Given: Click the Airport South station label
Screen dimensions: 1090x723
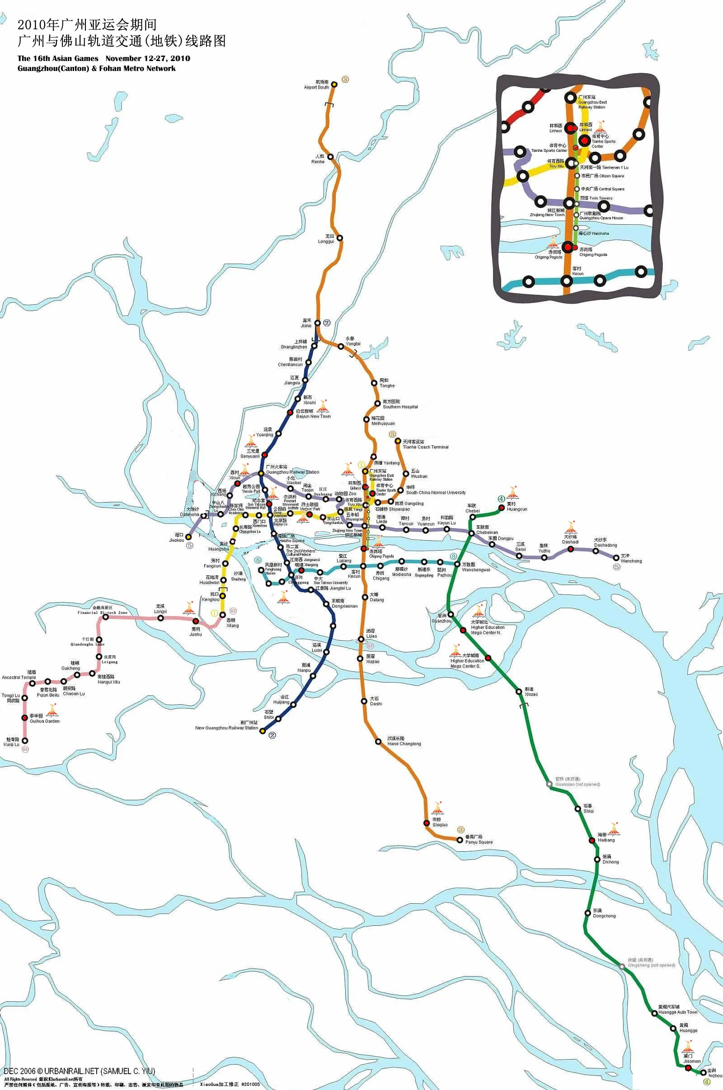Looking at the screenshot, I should (x=316, y=85).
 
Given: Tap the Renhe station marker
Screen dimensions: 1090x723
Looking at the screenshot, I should (x=330, y=157).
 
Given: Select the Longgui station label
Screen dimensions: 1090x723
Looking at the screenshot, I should (x=326, y=239).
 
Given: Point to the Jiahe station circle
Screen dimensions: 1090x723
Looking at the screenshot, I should (x=317, y=323).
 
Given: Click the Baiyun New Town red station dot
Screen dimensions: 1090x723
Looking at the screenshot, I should (x=290, y=412).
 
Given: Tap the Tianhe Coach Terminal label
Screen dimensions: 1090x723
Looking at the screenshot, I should (x=425, y=444).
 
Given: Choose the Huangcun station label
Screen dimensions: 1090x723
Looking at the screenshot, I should (x=516, y=506).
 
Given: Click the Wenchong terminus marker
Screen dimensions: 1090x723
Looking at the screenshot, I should (x=616, y=558).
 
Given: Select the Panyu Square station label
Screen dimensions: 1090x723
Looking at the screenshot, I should (x=478, y=840).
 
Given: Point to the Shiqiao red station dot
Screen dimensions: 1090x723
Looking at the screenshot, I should (x=427, y=823).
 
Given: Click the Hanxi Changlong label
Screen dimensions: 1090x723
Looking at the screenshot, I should (x=404, y=741).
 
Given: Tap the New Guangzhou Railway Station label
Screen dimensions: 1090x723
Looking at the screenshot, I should (x=226, y=726).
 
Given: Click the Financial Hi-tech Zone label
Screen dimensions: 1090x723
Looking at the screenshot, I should (x=103, y=610).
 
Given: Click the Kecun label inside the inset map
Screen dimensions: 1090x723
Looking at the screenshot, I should (x=577, y=271).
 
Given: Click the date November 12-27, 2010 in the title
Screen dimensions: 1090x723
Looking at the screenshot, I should (x=148, y=59).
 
